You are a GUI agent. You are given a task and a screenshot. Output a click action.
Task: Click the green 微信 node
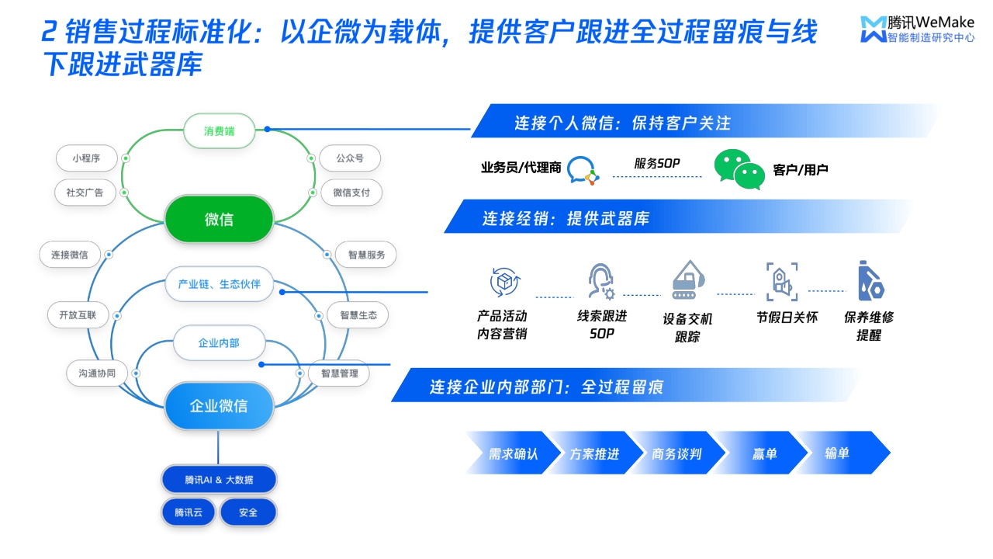click(x=219, y=220)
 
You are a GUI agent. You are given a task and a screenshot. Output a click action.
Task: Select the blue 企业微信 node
click(x=219, y=405)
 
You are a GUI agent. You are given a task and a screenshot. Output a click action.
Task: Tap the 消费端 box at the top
click(x=219, y=131)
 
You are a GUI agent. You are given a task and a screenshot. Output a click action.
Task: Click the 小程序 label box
click(x=86, y=158)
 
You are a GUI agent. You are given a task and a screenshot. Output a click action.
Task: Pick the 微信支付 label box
click(x=351, y=193)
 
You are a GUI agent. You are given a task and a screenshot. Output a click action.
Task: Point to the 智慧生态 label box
click(x=358, y=315)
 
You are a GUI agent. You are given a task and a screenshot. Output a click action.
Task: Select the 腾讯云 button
click(x=188, y=513)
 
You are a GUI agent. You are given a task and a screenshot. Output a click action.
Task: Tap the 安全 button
click(x=248, y=513)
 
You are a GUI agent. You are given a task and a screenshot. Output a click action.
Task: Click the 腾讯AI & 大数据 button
click(x=219, y=480)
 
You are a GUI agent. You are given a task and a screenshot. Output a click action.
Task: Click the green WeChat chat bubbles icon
click(x=739, y=169)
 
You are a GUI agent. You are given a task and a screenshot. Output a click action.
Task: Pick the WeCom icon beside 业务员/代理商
click(x=583, y=170)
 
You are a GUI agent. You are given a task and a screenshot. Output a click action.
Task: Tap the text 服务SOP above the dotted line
click(x=656, y=163)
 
